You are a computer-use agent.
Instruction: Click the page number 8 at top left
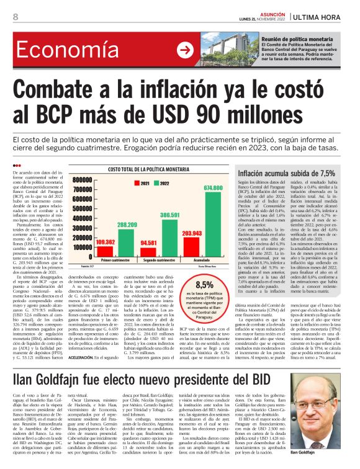pyautogui.click(x=15, y=17)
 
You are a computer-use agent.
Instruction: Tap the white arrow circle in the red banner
pyautogui.click(x=185, y=49)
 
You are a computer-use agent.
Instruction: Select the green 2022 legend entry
pyautogui.click(x=164, y=184)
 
